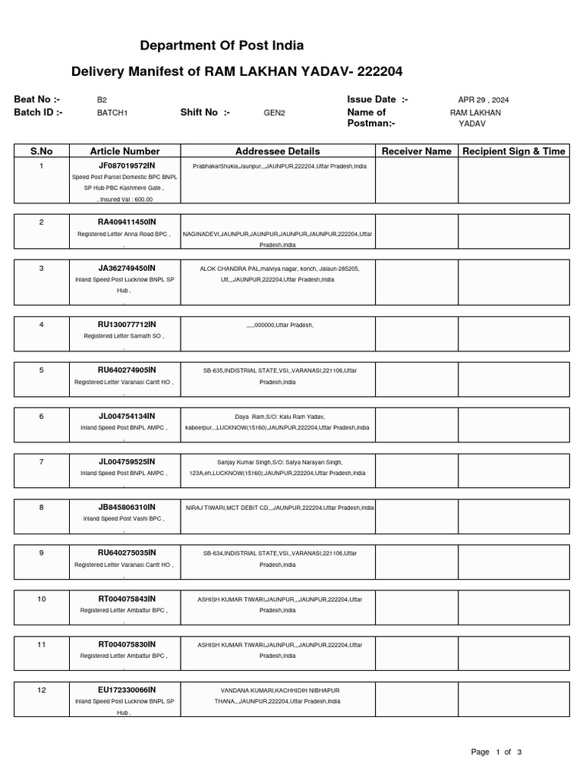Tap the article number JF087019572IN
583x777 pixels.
[125, 165]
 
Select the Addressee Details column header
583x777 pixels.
[278, 151]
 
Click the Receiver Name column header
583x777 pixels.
[416, 151]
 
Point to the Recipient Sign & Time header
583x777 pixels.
[514, 151]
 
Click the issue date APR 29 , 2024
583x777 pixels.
[484, 100]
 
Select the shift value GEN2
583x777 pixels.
[274, 113]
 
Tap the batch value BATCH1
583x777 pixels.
[112, 113]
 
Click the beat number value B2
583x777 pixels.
[102, 100]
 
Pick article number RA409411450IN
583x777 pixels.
[125, 222]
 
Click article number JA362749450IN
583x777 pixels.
[125, 268]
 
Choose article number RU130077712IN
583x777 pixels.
[125, 324]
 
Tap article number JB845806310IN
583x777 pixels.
[125, 507]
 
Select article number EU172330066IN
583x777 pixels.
[125, 690]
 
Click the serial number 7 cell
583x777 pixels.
[42, 461]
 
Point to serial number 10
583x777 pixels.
[42, 599]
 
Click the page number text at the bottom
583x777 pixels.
[496, 752]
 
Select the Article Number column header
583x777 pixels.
[125, 151]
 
